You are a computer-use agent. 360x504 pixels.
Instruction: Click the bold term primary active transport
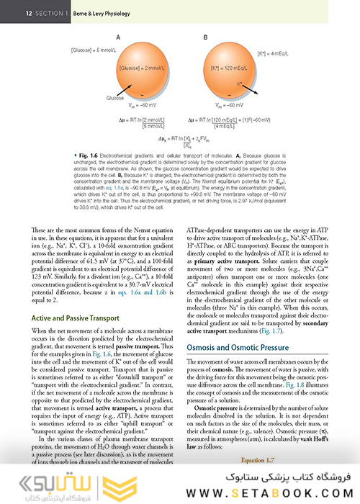pyautogui.click(x=220, y=254)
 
